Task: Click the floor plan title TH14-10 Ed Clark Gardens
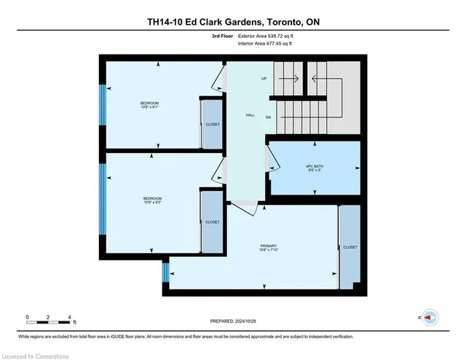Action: point(232,22)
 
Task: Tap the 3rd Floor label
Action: point(221,35)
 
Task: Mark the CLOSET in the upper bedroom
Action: point(212,125)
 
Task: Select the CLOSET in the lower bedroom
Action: point(212,222)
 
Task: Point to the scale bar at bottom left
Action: point(50,318)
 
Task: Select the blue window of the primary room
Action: point(165,273)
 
